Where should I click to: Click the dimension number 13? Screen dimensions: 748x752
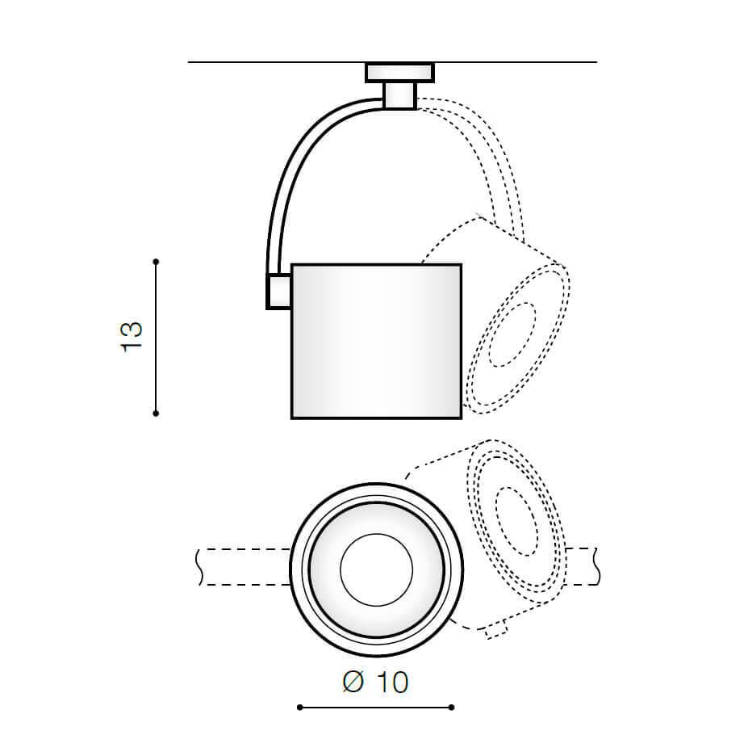(132, 337)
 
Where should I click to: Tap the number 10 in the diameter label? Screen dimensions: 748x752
(392, 682)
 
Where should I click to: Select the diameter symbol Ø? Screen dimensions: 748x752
(353, 682)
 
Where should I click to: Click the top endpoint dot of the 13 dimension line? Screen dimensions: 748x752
(156, 262)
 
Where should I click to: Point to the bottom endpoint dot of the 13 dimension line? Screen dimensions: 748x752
(156, 414)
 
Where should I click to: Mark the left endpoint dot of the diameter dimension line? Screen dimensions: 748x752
(300, 707)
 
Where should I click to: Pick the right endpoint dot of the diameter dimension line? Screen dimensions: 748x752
(451, 707)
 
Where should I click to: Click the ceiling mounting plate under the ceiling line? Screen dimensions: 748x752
(399, 73)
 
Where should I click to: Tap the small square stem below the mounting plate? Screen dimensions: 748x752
(399, 95)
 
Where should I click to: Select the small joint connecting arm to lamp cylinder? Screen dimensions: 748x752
(279, 292)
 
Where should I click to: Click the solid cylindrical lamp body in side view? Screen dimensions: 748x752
(377, 341)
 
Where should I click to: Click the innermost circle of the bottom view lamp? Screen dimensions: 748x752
(377, 569)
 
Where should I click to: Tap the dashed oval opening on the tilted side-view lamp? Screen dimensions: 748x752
(512, 334)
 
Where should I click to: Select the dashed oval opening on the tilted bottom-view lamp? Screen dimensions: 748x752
(517, 521)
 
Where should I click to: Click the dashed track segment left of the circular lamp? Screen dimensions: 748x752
(244, 567)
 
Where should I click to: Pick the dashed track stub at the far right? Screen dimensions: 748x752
(582, 566)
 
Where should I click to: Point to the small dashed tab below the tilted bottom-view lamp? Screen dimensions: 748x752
(496, 630)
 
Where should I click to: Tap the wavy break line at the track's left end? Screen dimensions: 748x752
(199, 567)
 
